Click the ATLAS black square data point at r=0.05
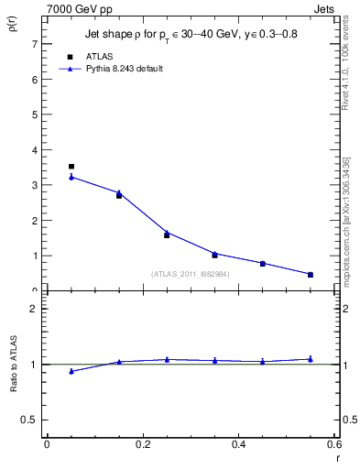point(71,167)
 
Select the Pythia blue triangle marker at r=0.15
point(119,192)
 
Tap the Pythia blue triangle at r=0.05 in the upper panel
point(71,177)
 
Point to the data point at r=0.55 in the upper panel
point(311,274)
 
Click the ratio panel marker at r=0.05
point(71,371)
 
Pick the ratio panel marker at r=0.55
point(311,359)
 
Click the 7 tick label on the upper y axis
point(35,44)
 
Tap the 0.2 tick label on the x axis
point(142,444)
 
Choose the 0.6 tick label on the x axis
point(334,444)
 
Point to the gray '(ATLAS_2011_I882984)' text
point(190,273)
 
